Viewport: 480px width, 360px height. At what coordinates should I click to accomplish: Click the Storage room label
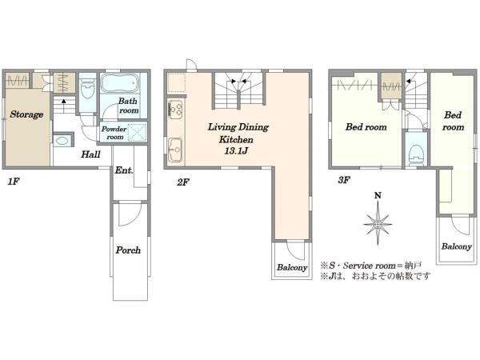26,114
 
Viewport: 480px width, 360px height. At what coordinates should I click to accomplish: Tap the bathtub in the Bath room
120,82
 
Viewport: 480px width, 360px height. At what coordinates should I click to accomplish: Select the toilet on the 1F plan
87,89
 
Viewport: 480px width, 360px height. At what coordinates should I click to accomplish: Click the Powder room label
114,133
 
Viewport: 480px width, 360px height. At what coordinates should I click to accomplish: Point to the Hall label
90,154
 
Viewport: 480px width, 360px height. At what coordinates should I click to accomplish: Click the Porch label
128,250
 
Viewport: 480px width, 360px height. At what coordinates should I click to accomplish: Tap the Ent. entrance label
124,170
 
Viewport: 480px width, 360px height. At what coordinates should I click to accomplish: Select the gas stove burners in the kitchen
176,110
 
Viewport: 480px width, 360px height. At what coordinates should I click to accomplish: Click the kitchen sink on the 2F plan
175,150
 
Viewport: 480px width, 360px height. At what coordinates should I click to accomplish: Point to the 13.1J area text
236,150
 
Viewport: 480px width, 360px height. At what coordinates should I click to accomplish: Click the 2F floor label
182,182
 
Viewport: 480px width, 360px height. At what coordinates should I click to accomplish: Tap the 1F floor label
14,182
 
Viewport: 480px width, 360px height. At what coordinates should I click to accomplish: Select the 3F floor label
344,180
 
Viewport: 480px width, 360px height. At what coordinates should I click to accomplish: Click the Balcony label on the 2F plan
292,267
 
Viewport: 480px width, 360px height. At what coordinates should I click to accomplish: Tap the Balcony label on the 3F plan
456,246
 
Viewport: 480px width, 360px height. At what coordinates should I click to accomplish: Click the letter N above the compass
378,195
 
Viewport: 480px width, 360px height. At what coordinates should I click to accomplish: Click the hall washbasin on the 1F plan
62,140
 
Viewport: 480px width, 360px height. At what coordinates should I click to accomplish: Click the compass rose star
378,224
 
